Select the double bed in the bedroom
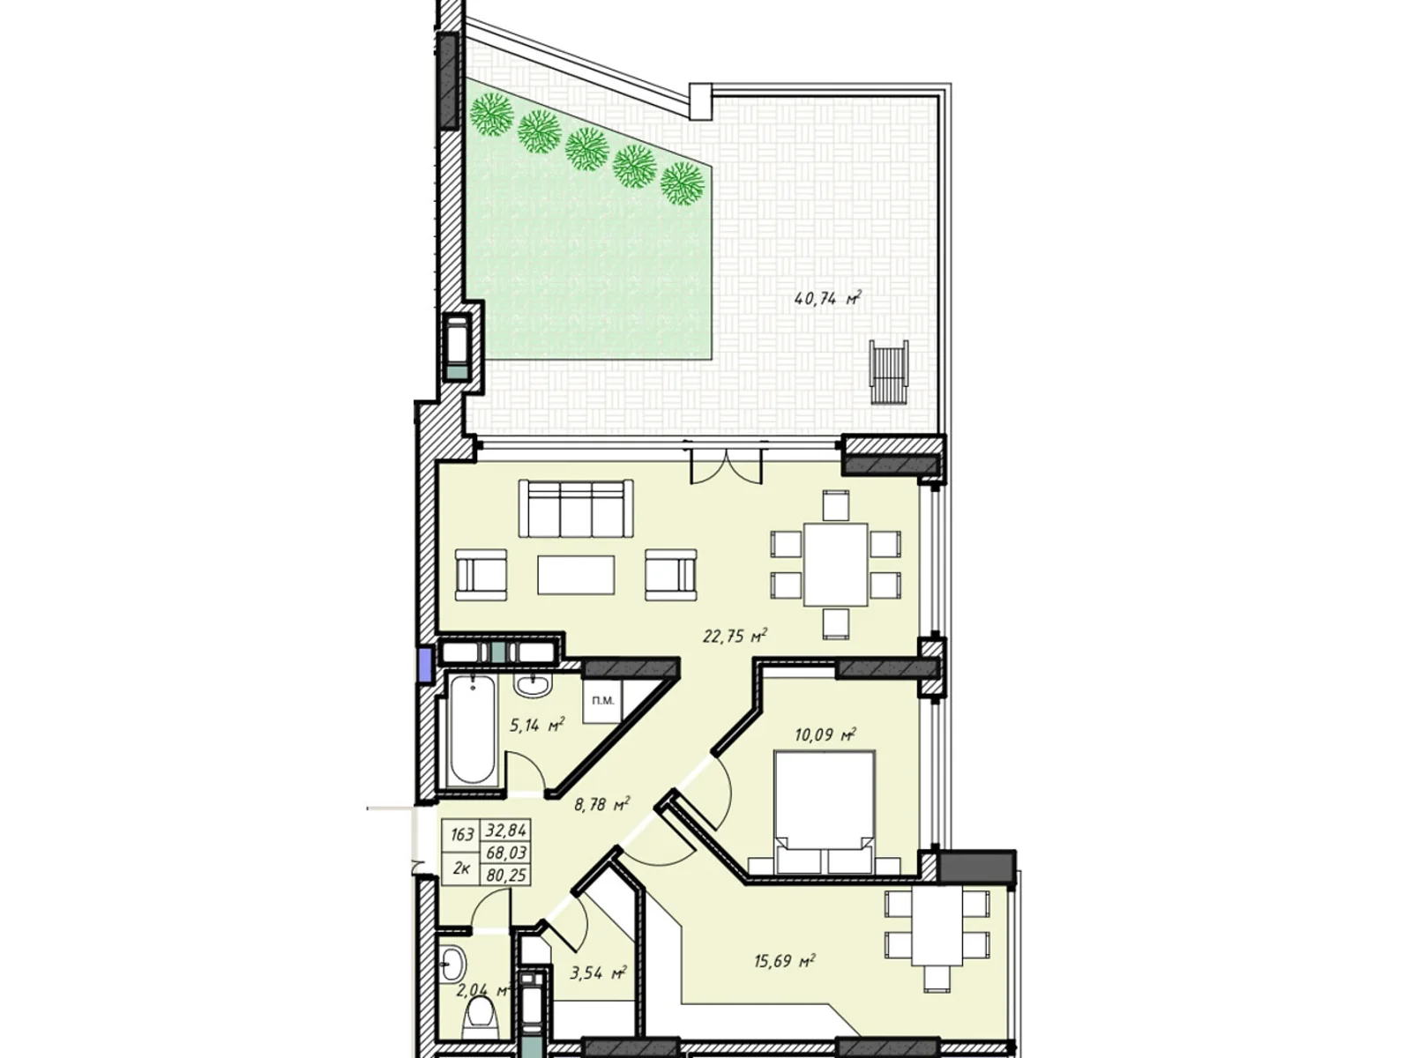point(825,811)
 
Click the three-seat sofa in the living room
point(576,509)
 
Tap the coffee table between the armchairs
point(576,575)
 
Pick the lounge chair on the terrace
point(888,372)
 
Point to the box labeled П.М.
point(603,701)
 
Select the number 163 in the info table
point(462,834)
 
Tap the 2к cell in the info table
point(460,867)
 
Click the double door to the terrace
point(725,465)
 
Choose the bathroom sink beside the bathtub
point(531,684)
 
